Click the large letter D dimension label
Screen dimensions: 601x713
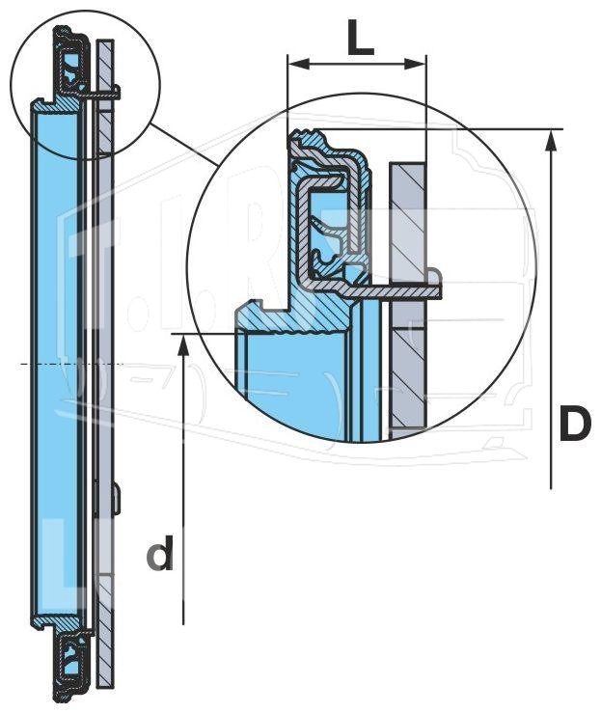coord(575,424)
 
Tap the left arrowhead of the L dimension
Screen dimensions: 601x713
coord(299,64)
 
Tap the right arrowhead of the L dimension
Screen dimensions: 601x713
coord(415,64)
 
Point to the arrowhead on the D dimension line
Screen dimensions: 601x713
coord(552,140)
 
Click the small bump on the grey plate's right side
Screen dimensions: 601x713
coord(117,499)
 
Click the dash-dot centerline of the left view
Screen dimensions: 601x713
coord(71,364)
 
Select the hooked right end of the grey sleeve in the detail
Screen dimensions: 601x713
coord(434,285)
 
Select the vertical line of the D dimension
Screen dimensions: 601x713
coord(552,309)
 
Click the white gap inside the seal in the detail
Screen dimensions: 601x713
coord(328,214)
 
